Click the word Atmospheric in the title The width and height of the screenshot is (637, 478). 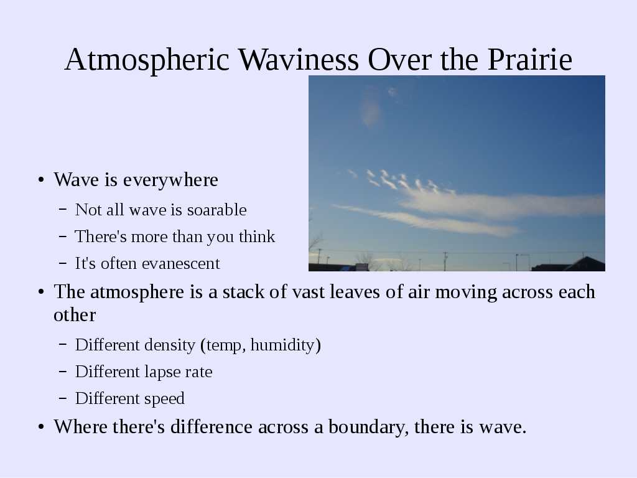147,60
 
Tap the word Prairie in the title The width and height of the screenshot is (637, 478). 530,60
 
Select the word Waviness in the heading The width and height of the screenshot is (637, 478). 299,59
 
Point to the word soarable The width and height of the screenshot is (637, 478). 216,210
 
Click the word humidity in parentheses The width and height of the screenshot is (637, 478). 282,345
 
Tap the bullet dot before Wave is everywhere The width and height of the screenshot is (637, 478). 40,180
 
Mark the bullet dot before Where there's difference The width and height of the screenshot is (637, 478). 40,427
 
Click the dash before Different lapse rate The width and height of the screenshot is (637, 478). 63,371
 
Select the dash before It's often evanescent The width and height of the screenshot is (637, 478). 63,263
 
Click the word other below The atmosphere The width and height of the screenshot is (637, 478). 75,315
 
